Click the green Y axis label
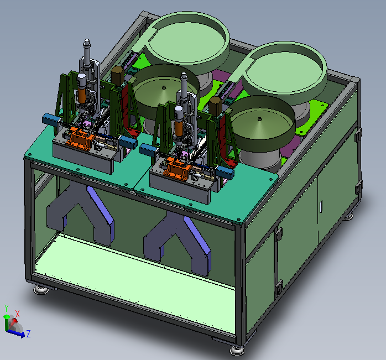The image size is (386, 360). [x=7, y=308]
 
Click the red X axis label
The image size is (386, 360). [x=17, y=314]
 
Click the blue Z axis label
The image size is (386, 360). [x=28, y=334]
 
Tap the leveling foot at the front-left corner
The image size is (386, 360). [x=41, y=290]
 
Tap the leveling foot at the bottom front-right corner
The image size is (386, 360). [x=237, y=351]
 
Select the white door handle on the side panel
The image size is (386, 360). [x=321, y=206]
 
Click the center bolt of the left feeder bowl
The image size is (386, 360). [x=164, y=87]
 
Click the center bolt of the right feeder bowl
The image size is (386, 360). [x=259, y=119]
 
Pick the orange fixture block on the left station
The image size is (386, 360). [x=81, y=138]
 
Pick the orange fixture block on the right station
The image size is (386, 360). [x=178, y=168]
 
